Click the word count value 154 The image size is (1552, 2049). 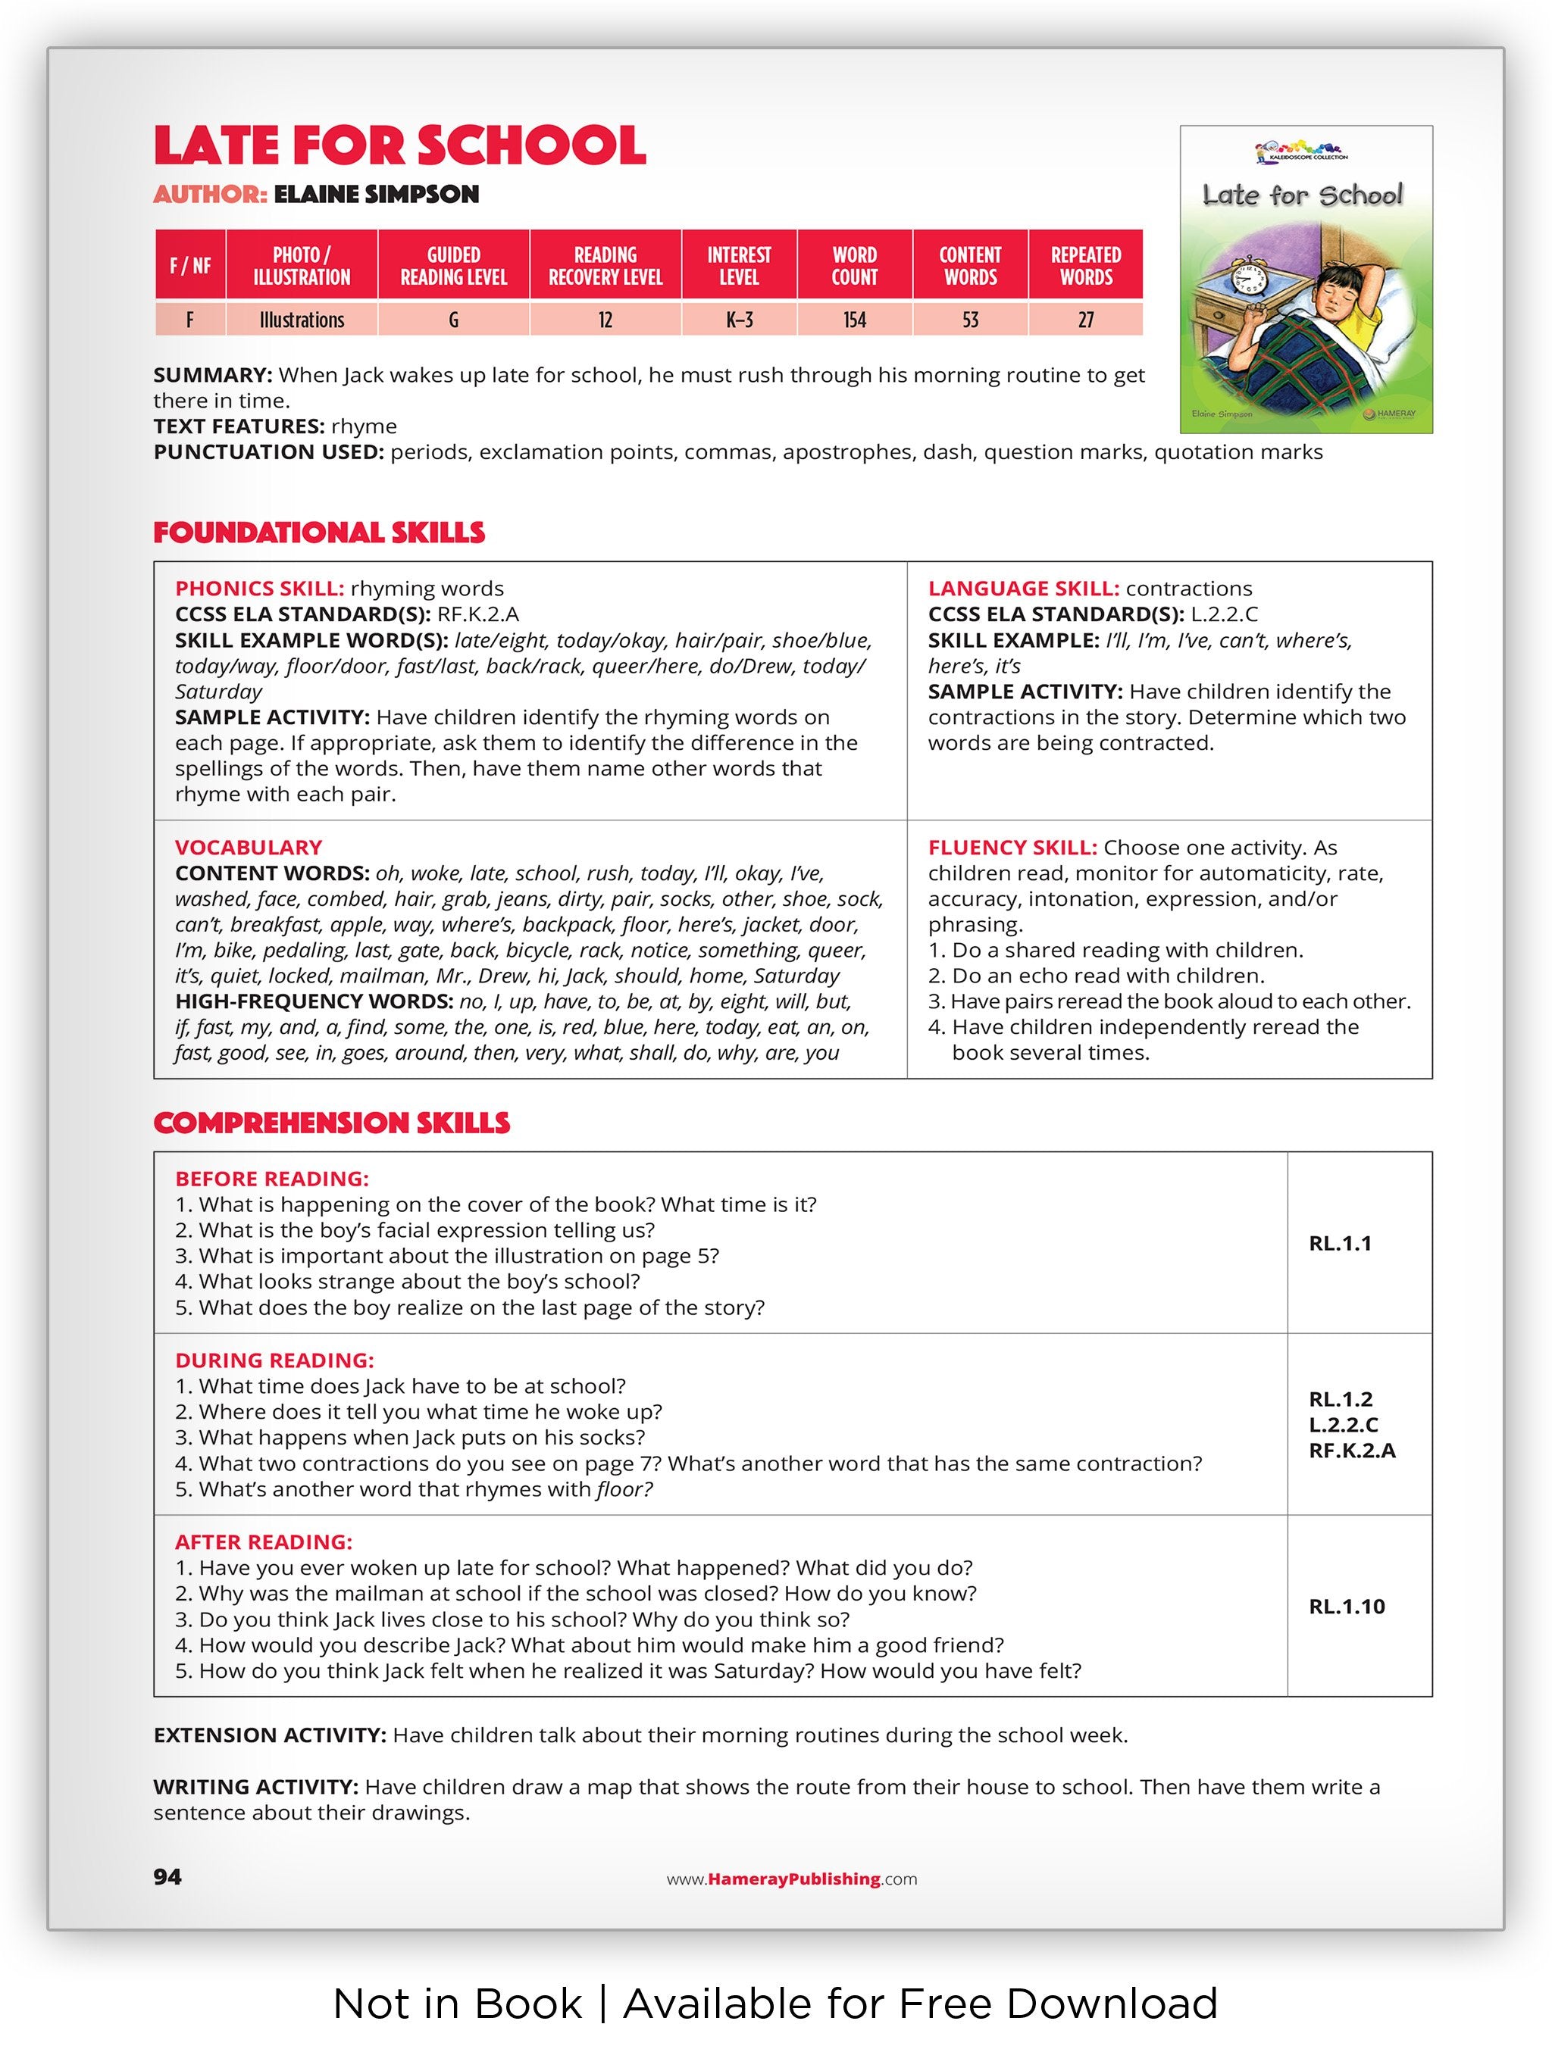click(x=853, y=320)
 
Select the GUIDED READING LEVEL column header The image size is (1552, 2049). click(x=453, y=266)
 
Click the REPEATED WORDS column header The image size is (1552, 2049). click(x=1085, y=266)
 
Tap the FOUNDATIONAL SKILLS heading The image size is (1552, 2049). click(x=319, y=533)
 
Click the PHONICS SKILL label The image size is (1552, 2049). click(x=259, y=589)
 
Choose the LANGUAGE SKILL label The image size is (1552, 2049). click(x=1023, y=589)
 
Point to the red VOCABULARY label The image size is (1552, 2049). click(x=249, y=847)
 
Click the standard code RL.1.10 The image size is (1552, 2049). click(x=1347, y=1606)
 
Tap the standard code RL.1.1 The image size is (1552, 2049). click(x=1340, y=1243)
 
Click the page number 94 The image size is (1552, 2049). click(x=167, y=1877)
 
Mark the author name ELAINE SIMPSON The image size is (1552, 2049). click(x=376, y=195)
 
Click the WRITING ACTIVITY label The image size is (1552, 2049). click(x=255, y=1787)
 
